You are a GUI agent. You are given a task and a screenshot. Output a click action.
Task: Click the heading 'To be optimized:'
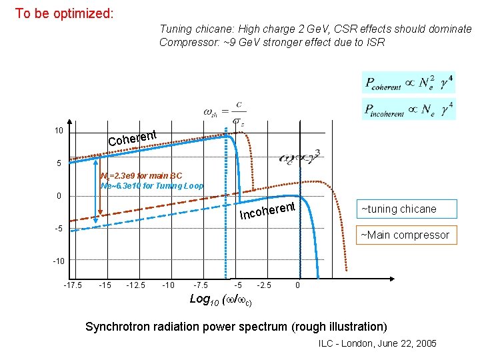64,13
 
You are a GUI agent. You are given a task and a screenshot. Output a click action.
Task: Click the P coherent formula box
409,83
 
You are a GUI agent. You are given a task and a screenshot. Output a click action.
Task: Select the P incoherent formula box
409,108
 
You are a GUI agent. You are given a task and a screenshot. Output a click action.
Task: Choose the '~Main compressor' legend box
405,234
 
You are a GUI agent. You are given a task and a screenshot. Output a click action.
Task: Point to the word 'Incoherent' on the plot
267,211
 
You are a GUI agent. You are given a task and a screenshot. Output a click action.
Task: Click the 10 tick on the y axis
59,131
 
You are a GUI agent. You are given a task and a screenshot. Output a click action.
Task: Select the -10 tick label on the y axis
58,261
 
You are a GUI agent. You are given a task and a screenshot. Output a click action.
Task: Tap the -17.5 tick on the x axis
73,285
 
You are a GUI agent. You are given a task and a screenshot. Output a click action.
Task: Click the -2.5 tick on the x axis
265,285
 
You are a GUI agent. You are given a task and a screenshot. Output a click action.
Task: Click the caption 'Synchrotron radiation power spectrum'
236,327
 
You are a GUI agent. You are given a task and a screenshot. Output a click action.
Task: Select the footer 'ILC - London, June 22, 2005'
377,343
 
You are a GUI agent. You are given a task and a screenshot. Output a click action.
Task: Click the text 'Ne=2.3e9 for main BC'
140,176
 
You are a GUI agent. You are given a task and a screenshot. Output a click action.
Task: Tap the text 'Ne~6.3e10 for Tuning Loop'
152,186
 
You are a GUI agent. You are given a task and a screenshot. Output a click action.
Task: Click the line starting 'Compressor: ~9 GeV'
272,43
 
